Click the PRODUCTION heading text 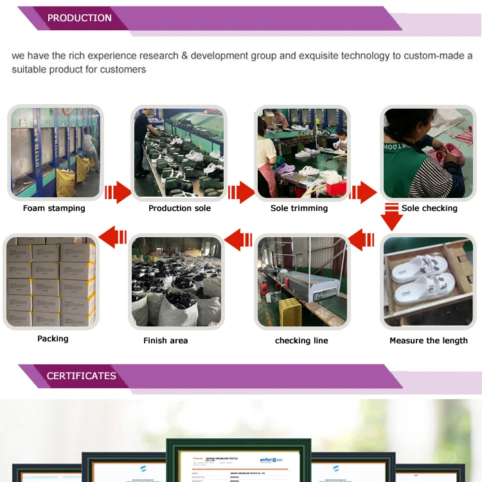80,18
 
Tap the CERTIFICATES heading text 82,376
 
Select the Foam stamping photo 55,153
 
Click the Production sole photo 179,153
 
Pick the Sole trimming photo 301,153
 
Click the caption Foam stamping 54,208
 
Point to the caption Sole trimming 299,208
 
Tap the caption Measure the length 429,341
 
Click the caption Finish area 166,341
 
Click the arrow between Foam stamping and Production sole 117,192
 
